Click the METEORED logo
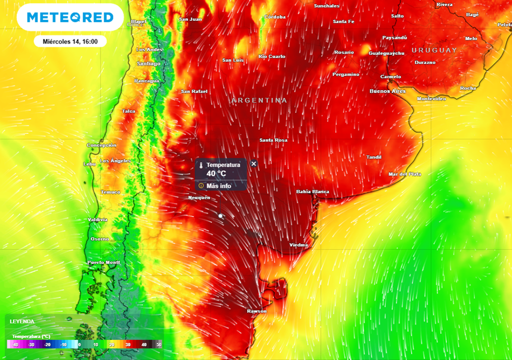pos(70,17)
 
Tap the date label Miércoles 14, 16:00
pos(70,41)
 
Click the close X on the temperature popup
pos(253,163)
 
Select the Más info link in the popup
pos(218,185)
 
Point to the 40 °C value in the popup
pos(216,173)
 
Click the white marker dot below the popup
pos(220,215)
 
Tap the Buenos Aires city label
pos(387,91)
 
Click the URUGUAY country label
pos(434,50)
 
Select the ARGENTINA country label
pos(259,100)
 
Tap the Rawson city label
pos(256,311)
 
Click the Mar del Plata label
pos(404,174)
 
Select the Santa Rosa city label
pos(273,140)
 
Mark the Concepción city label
pos(101,145)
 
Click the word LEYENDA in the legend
pos(22,321)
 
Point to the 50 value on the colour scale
pos(158,344)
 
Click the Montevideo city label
pos(431,99)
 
